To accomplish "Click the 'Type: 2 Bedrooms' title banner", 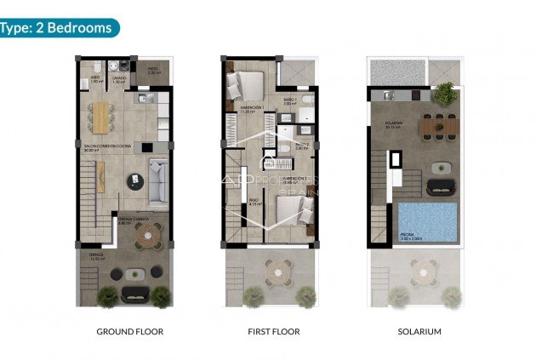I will click(58, 27).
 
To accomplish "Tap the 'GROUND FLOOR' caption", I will click(129, 331).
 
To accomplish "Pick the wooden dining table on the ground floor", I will click(101, 117).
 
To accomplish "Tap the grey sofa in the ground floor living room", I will click(157, 182).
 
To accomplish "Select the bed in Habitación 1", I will click(247, 86).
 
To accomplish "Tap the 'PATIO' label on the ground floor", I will click(153, 70).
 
